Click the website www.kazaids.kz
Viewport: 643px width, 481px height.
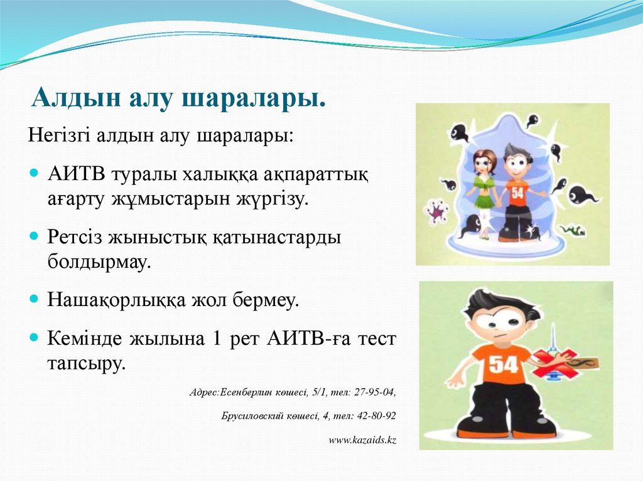(x=362, y=440)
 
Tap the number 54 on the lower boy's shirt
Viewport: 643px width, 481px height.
(x=502, y=364)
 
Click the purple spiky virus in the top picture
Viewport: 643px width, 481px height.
(x=435, y=211)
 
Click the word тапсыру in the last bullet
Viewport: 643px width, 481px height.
(x=86, y=363)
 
